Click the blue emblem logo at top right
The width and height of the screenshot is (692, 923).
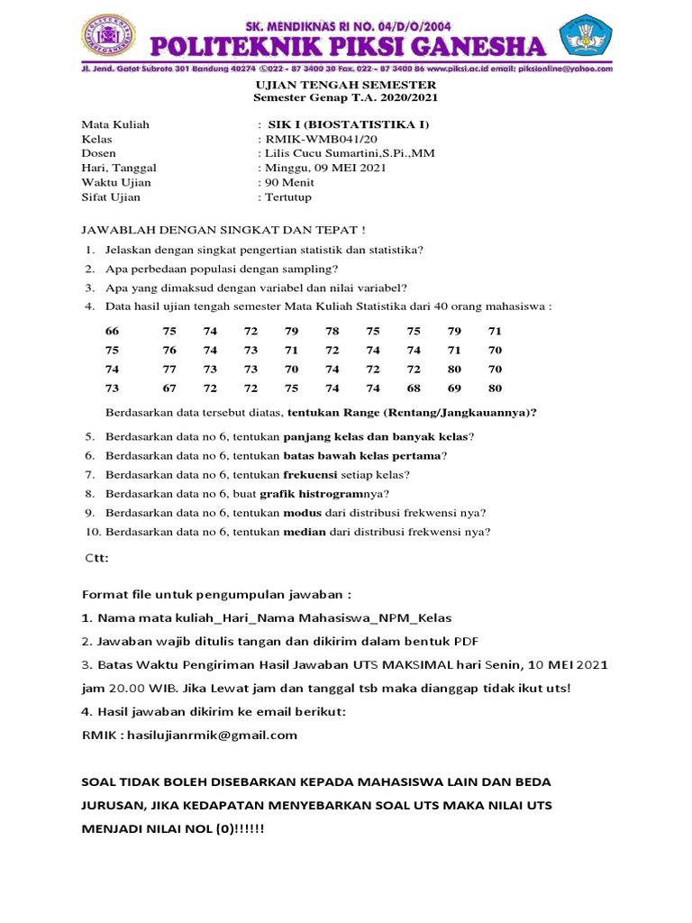click(583, 36)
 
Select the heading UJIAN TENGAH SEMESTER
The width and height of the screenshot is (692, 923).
click(347, 84)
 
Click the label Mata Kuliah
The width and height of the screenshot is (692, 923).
click(115, 124)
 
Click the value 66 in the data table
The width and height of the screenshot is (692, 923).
click(112, 331)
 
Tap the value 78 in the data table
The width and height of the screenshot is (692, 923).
click(332, 331)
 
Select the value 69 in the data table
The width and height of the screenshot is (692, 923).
click(454, 388)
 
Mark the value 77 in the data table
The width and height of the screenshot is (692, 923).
click(169, 369)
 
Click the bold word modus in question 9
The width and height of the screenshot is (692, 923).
click(296, 512)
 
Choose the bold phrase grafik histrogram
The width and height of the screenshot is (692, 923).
click(311, 493)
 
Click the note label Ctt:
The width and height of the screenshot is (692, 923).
click(96, 558)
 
